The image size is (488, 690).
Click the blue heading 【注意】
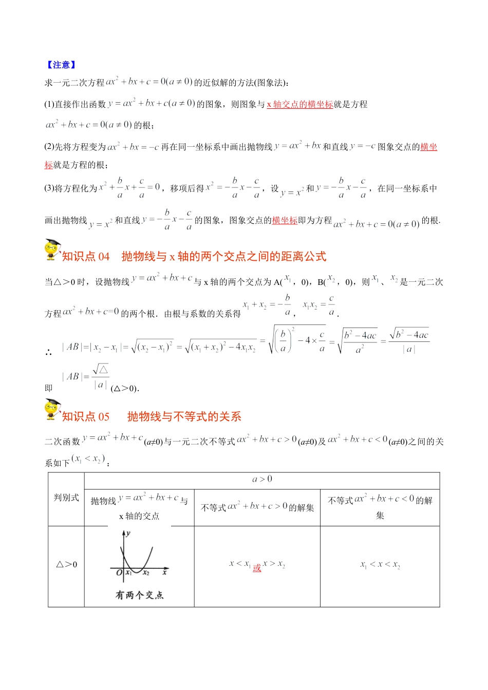(x=61, y=65)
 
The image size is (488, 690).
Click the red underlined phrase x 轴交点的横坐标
(x=299, y=104)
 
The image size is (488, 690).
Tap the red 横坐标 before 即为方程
(x=285, y=220)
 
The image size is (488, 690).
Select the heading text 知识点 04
(x=86, y=257)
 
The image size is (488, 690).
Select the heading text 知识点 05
(x=86, y=416)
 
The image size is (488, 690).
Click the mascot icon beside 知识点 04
(x=52, y=250)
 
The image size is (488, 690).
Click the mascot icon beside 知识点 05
(x=52, y=410)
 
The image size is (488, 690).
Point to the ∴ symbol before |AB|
(x=48, y=352)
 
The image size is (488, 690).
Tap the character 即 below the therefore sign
(x=48, y=388)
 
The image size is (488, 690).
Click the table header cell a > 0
(x=262, y=480)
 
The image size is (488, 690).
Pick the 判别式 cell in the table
(x=66, y=497)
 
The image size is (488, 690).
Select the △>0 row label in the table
(x=66, y=565)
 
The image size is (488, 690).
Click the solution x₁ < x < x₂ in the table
(x=380, y=565)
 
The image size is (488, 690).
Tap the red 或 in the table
(x=257, y=568)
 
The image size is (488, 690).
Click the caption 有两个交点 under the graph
(x=139, y=595)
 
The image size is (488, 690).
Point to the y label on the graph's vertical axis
(x=128, y=533)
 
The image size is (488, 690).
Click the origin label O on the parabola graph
(x=119, y=572)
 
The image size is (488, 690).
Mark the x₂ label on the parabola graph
(x=146, y=573)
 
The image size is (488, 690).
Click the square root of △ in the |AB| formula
(x=101, y=369)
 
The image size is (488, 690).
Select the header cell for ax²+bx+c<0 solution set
(x=380, y=507)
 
